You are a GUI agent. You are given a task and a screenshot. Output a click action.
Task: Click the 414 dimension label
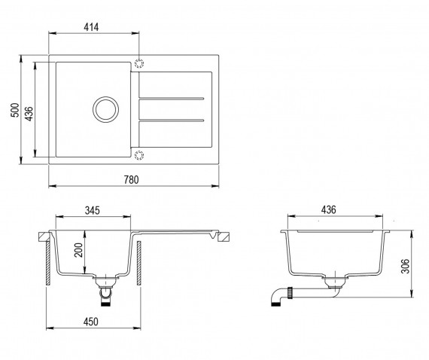(91, 27)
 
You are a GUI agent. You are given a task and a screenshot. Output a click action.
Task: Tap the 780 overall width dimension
(131, 179)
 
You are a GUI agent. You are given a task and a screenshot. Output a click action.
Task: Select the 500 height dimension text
(15, 110)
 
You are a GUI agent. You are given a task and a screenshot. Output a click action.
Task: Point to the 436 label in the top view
(29, 113)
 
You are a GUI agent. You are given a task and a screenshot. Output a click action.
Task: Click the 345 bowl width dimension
(93, 211)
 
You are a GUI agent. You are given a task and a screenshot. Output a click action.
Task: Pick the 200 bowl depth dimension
(78, 250)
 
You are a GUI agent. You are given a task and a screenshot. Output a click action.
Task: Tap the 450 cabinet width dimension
(90, 322)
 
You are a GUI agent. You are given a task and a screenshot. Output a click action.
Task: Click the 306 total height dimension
(405, 266)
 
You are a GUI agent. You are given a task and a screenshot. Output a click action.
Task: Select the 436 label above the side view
(328, 209)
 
